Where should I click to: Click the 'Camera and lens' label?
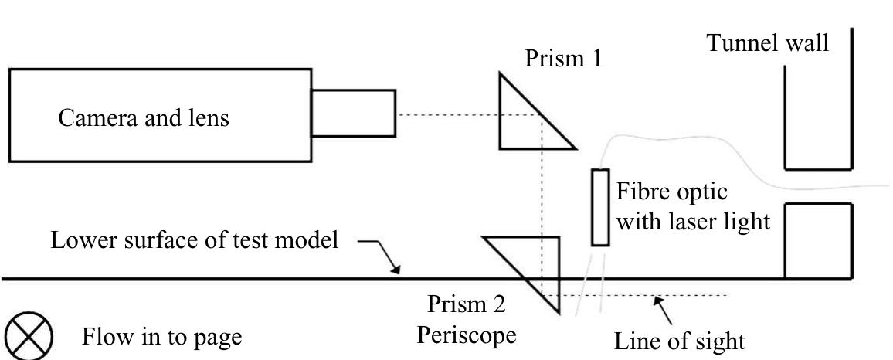[x=143, y=118]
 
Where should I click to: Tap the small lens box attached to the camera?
[x=353, y=115]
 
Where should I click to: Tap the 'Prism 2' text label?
[x=467, y=305]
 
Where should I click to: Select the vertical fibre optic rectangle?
[x=600, y=207]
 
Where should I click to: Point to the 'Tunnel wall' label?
[x=769, y=43]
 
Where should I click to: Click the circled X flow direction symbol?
[x=29, y=337]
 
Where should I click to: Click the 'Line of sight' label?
[x=680, y=340]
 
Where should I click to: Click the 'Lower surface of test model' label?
[x=195, y=240]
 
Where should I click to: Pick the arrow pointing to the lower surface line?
[x=382, y=255]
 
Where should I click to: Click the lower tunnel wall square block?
[x=818, y=240]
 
